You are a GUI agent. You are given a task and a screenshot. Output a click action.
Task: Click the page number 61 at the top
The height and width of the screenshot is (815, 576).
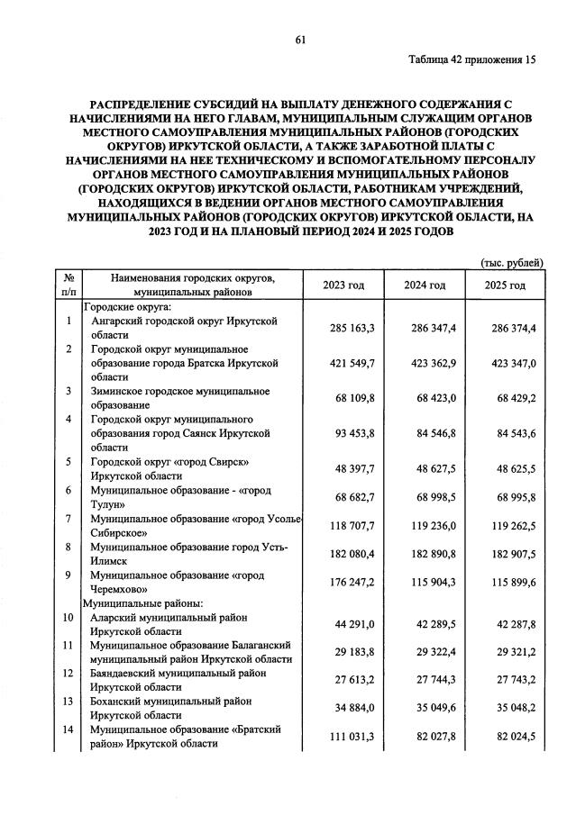click(x=301, y=38)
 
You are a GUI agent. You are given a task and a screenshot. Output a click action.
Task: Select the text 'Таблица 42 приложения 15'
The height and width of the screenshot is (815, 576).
click(x=471, y=60)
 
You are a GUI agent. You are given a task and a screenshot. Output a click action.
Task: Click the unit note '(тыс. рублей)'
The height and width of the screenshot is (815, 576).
click(x=510, y=263)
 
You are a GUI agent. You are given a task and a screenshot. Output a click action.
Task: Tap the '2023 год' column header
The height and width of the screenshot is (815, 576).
click(x=343, y=285)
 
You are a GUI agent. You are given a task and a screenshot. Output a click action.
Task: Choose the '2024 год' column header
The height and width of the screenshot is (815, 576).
click(x=425, y=285)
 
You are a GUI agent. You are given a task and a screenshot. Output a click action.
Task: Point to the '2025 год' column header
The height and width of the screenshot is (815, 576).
click(x=504, y=285)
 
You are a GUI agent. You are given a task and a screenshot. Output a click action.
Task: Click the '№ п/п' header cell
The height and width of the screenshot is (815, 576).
click(x=69, y=285)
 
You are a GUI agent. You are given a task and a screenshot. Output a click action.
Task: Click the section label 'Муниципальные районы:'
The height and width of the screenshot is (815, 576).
click(x=142, y=602)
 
